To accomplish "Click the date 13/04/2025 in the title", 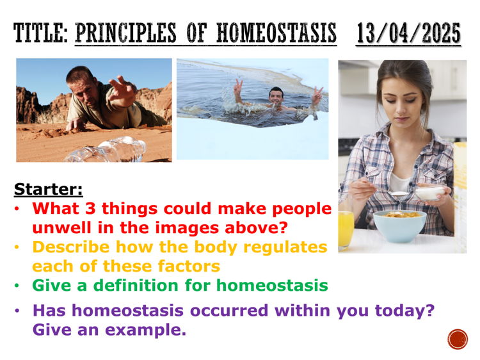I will point(408,31).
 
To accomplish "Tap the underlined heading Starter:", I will point(48,190).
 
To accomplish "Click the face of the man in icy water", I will point(276,97).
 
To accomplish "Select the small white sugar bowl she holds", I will point(429,192).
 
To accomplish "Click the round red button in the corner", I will point(458,339).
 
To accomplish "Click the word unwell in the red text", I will point(62,227).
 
